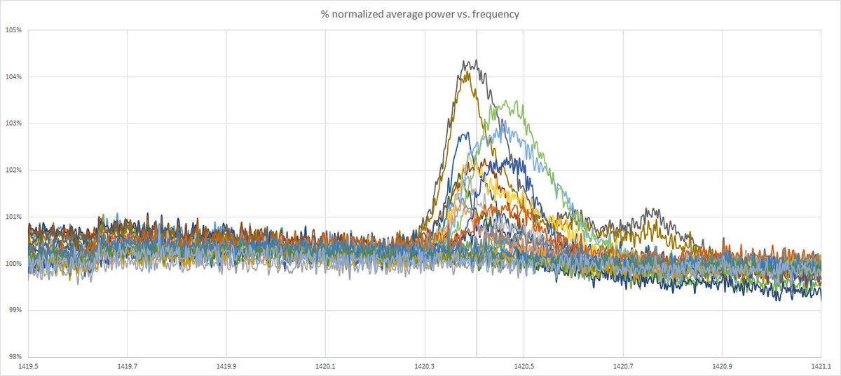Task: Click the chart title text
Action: (420, 14)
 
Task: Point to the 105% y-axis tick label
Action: (13, 30)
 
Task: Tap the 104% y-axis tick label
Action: (13, 77)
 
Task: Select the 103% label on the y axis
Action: (13, 123)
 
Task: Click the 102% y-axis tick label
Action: (13, 170)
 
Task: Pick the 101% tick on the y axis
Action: (13, 217)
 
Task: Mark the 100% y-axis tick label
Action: (13, 264)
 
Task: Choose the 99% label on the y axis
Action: (14, 310)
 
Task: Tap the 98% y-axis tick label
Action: (14, 357)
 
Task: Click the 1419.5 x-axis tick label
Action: (28, 366)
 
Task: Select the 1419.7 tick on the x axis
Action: (128, 366)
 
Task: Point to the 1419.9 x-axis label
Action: (226, 366)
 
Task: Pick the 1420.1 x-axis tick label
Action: (325, 366)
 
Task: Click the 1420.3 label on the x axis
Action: (425, 366)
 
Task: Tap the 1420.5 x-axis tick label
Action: (524, 366)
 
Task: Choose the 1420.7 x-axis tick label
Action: (623, 366)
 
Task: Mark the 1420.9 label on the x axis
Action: (722, 366)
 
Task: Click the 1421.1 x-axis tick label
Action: (821, 366)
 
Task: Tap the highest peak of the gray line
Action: (477, 60)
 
